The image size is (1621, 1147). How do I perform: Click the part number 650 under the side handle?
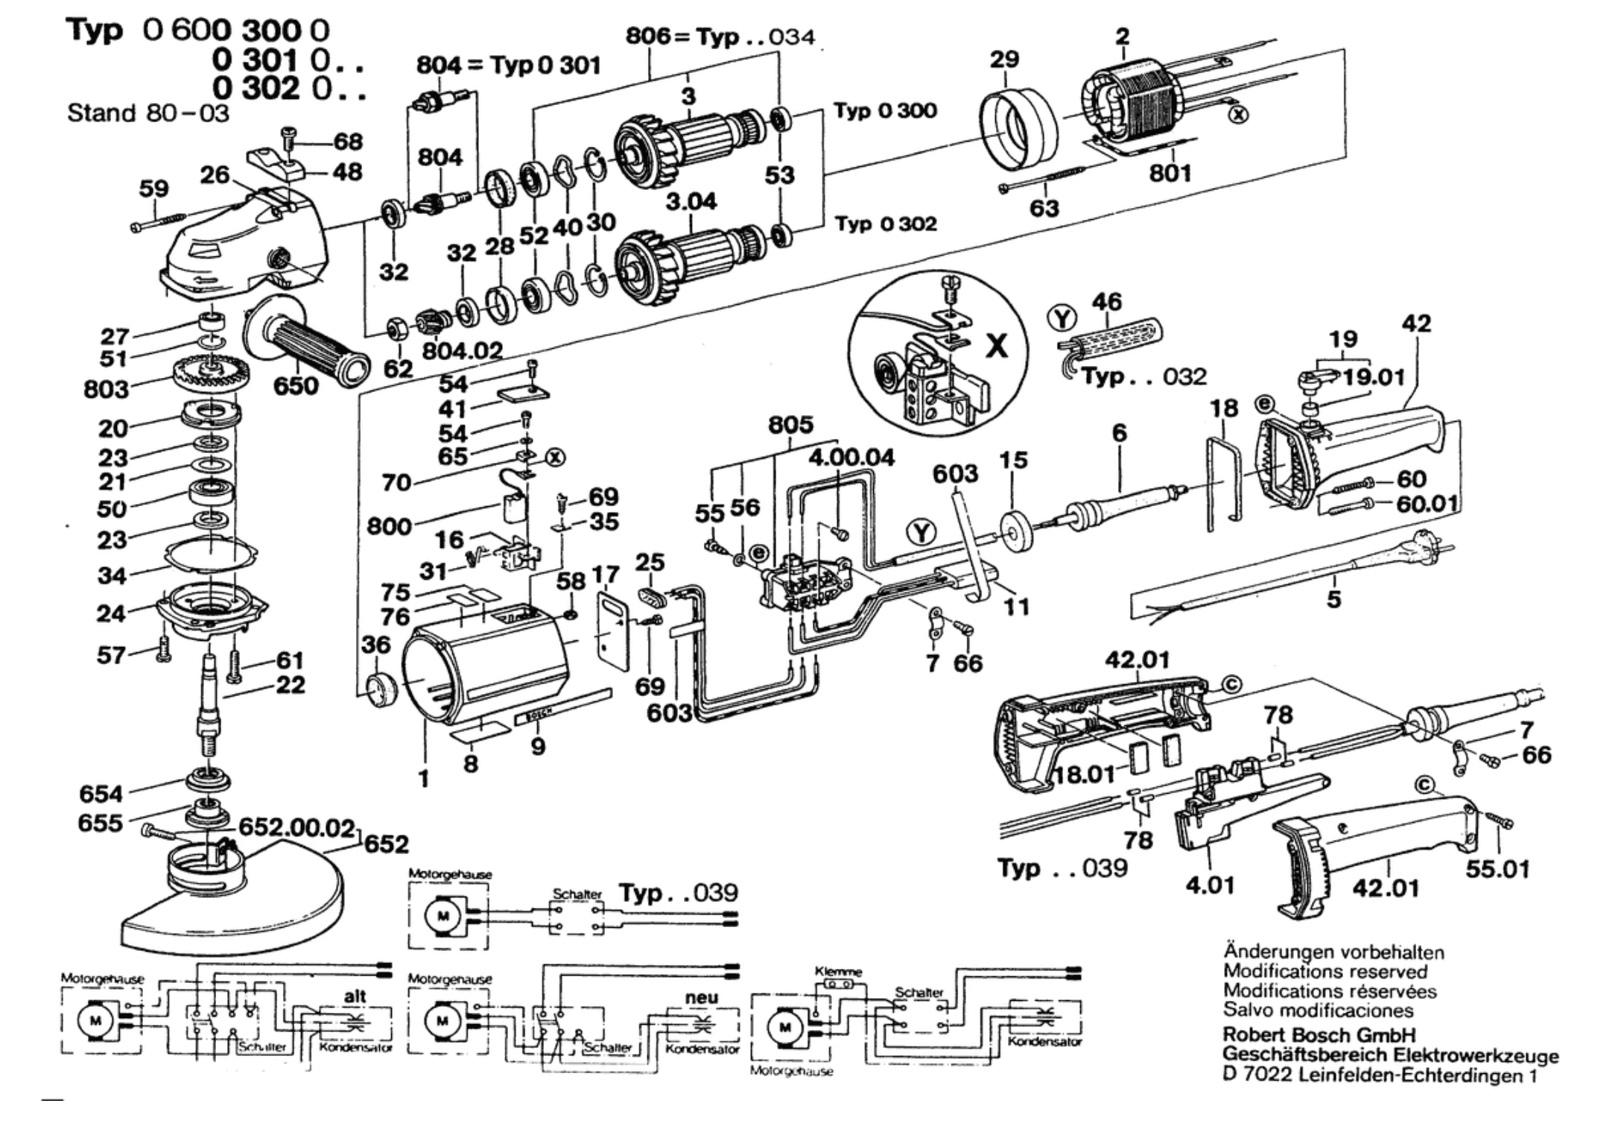pyautogui.click(x=296, y=385)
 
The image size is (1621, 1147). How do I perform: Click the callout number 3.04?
pyautogui.click(x=691, y=201)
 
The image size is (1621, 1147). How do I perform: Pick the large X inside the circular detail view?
pyautogui.click(x=997, y=346)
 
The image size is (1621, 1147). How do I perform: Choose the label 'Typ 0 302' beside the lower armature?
pyautogui.click(x=886, y=224)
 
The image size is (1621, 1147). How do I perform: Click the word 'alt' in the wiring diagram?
pyautogui.click(x=355, y=996)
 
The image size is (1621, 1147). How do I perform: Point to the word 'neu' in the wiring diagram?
pyautogui.click(x=701, y=997)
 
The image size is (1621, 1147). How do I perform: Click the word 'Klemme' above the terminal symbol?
pyautogui.click(x=839, y=972)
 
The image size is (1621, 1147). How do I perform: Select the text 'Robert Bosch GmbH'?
pyautogui.click(x=1319, y=1035)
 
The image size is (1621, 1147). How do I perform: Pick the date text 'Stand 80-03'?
pyautogui.click(x=148, y=113)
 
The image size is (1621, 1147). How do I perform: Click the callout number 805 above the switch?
pyautogui.click(x=790, y=425)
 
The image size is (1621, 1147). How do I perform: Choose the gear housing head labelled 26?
pyautogui.click(x=246, y=242)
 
